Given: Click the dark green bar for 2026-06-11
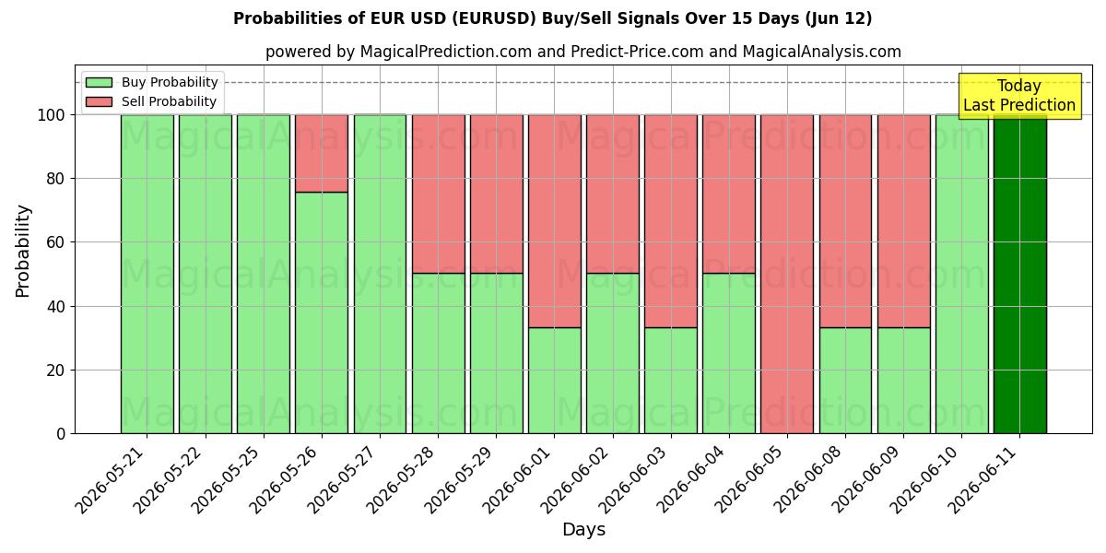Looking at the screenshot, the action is [x=1020, y=274].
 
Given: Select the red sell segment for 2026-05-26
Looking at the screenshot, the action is [x=322, y=154].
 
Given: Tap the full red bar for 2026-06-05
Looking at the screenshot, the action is [x=787, y=274].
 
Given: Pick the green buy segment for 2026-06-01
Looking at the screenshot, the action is [x=555, y=381].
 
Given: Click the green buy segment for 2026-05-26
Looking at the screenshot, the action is [x=322, y=313].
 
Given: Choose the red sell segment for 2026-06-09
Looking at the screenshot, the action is [x=904, y=221].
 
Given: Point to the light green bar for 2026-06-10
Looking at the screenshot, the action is [x=962, y=274].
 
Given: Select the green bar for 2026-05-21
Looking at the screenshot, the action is [x=147, y=274].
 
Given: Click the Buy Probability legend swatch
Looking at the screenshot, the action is [x=99, y=82].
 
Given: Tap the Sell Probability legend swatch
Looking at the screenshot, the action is [x=99, y=101].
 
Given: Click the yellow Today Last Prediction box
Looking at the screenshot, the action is [x=1019, y=96].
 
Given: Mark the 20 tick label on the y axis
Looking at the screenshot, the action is [x=55, y=371].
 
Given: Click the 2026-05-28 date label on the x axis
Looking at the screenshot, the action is [x=401, y=479].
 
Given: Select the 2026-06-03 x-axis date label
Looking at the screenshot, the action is [x=634, y=479].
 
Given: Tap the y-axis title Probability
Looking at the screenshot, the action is [x=23, y=252].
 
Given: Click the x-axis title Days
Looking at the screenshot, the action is [x=583, y=530].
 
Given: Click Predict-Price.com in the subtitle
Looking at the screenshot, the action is [x=637, y=52].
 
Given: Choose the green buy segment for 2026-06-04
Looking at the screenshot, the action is [x=729, y=354].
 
